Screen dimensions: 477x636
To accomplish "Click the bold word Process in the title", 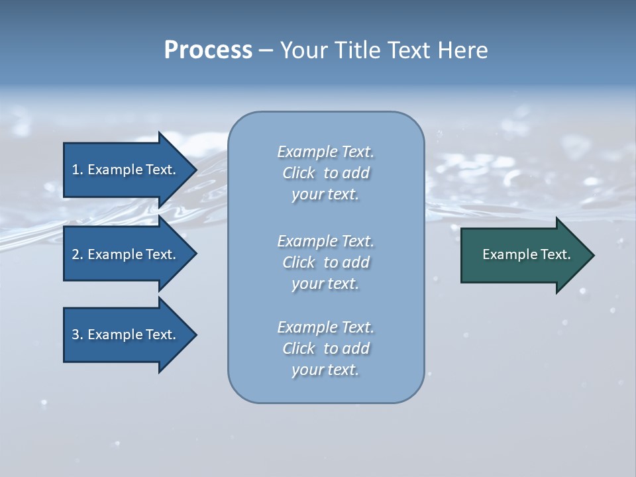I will coord(208,50).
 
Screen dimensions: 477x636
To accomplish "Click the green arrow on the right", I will coord(523,255).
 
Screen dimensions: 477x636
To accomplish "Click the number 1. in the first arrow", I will coord(78,170).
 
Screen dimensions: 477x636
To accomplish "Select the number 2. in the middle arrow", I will coord(78,254).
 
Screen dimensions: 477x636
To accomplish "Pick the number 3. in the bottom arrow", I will coord(78,335).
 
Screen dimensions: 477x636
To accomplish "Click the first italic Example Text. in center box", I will coord(325,152).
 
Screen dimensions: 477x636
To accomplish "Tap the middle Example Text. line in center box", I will coord(325,241).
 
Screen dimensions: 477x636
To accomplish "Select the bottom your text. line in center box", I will coord(325,370).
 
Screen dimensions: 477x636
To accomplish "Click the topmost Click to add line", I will coord(325,173).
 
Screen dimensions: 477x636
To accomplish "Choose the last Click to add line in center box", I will coord(325,348).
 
